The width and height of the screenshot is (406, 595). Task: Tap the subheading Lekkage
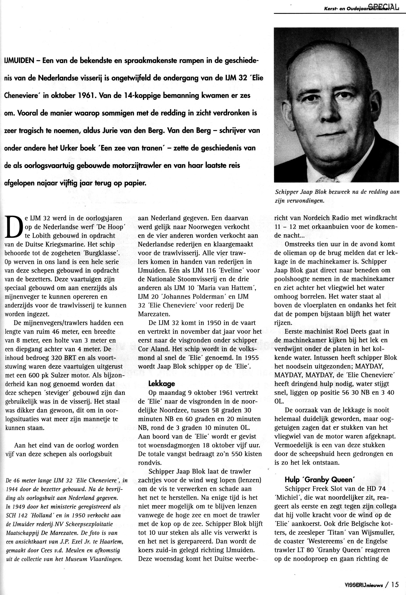161,383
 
